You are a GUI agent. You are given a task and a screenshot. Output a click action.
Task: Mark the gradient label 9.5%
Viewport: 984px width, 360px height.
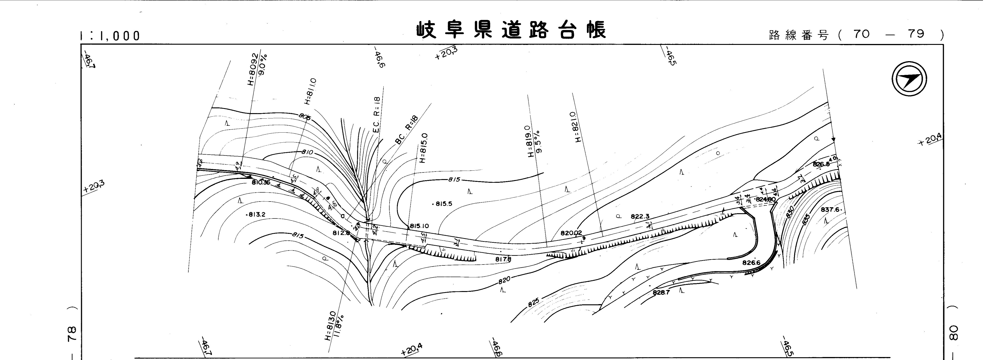click(538, 141)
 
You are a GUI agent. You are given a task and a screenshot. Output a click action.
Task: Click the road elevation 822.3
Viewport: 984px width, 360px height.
click(640, 217)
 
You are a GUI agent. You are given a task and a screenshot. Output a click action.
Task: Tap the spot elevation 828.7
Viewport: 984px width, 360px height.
click(661, 293)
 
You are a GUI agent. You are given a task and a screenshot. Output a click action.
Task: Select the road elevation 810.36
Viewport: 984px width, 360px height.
click(261, 183)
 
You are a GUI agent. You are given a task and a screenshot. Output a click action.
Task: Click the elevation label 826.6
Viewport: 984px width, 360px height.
click(751, 263)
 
